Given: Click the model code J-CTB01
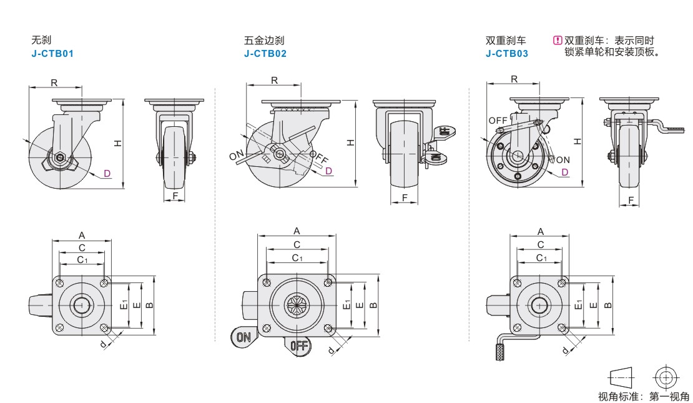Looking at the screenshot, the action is tap(52, 54).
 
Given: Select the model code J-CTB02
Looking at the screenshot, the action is tap(265, 54).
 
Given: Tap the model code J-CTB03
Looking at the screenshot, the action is tap(506, 54).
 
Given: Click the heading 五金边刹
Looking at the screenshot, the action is tap(264, 40).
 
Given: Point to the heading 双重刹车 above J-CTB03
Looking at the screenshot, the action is tap(506, 40).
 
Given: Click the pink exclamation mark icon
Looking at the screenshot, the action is tap(558, 40).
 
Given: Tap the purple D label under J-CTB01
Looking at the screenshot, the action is tap(107, 174).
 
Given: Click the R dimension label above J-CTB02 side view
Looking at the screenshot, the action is tap(275, 80).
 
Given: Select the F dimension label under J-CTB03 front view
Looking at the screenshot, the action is tap(631, 200).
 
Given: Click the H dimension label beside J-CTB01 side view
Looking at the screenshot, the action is tap(117, 143).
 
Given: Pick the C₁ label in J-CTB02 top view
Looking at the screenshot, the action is tap(297, 258).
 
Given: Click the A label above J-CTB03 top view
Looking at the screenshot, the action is tap(541, 231).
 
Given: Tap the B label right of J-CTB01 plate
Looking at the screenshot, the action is tap(149, 306).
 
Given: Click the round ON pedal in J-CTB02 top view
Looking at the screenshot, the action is tap(243, 337).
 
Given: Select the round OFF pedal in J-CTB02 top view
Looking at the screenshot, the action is tap(299, 345).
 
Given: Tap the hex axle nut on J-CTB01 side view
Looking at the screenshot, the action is tap(60, 157).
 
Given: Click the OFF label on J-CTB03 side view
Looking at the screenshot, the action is tap(498, 121).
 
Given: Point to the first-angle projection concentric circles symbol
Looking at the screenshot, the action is tap(666, 378).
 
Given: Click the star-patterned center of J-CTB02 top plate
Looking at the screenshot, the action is tap(297, 305).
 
